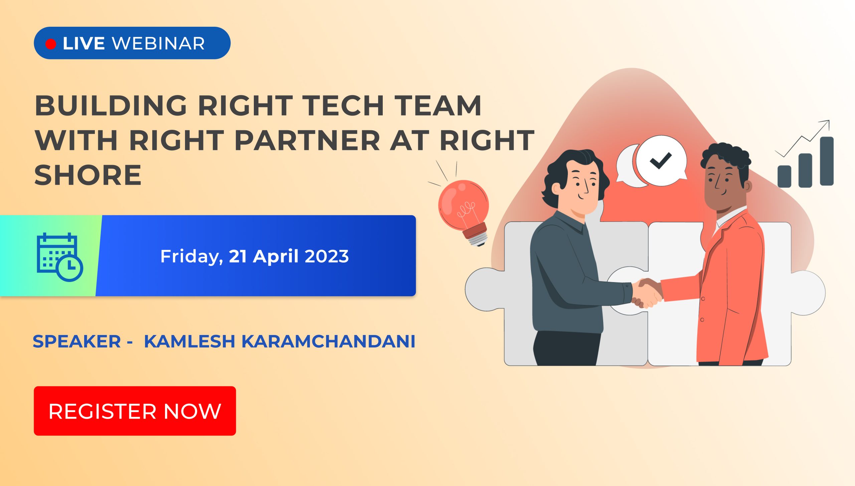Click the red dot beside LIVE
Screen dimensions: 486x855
click(51, 44)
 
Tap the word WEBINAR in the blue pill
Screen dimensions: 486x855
click(158, 43)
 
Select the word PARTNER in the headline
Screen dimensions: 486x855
click(307, 140)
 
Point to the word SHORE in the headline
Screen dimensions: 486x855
click(88, 175)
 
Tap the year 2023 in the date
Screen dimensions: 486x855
click(327, 256)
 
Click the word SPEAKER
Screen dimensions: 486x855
click(77, 341)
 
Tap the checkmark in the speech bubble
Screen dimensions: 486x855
click(661, 161)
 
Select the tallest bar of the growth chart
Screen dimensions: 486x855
click(827, 161)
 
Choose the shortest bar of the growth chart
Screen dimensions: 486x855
click(784, 176)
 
